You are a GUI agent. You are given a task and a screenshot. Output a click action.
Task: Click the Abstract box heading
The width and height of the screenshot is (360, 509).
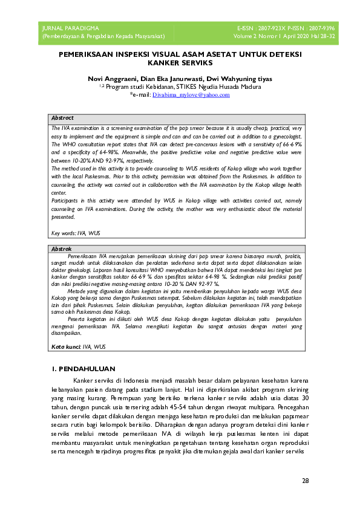coord(62,118)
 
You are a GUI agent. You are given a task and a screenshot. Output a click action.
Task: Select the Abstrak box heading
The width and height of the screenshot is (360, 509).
coord(62,248)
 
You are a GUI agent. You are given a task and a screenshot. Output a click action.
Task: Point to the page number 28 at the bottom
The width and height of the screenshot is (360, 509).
coord(305,481)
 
